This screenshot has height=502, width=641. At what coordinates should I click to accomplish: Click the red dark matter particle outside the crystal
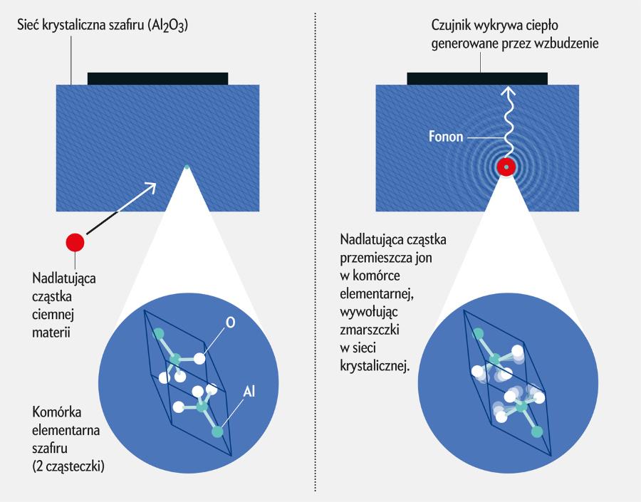pyautogui.click(x=75, y=242)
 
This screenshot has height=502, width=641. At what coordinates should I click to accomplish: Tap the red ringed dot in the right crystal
pyautogui.click(x=506, y=167)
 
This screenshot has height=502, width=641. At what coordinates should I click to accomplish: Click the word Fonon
pyautogui.click(x=447, y=135)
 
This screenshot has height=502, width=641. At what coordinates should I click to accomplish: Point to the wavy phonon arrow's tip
pyautogui.click(x=506, y=90)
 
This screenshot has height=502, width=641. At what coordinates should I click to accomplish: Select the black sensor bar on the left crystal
pyautogui.click(x=157, y=78)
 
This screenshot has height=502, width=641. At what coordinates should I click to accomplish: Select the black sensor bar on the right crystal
pyautogui.click(x=476, y=78)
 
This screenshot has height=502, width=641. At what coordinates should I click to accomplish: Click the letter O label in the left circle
pyautogui.click(x=230, y=323)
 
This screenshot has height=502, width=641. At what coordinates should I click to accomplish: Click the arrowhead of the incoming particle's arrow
pyautogui.click(x=152, y=186)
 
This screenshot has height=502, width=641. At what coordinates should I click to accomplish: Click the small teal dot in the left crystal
pyautogui.click(x=187, y=167)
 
